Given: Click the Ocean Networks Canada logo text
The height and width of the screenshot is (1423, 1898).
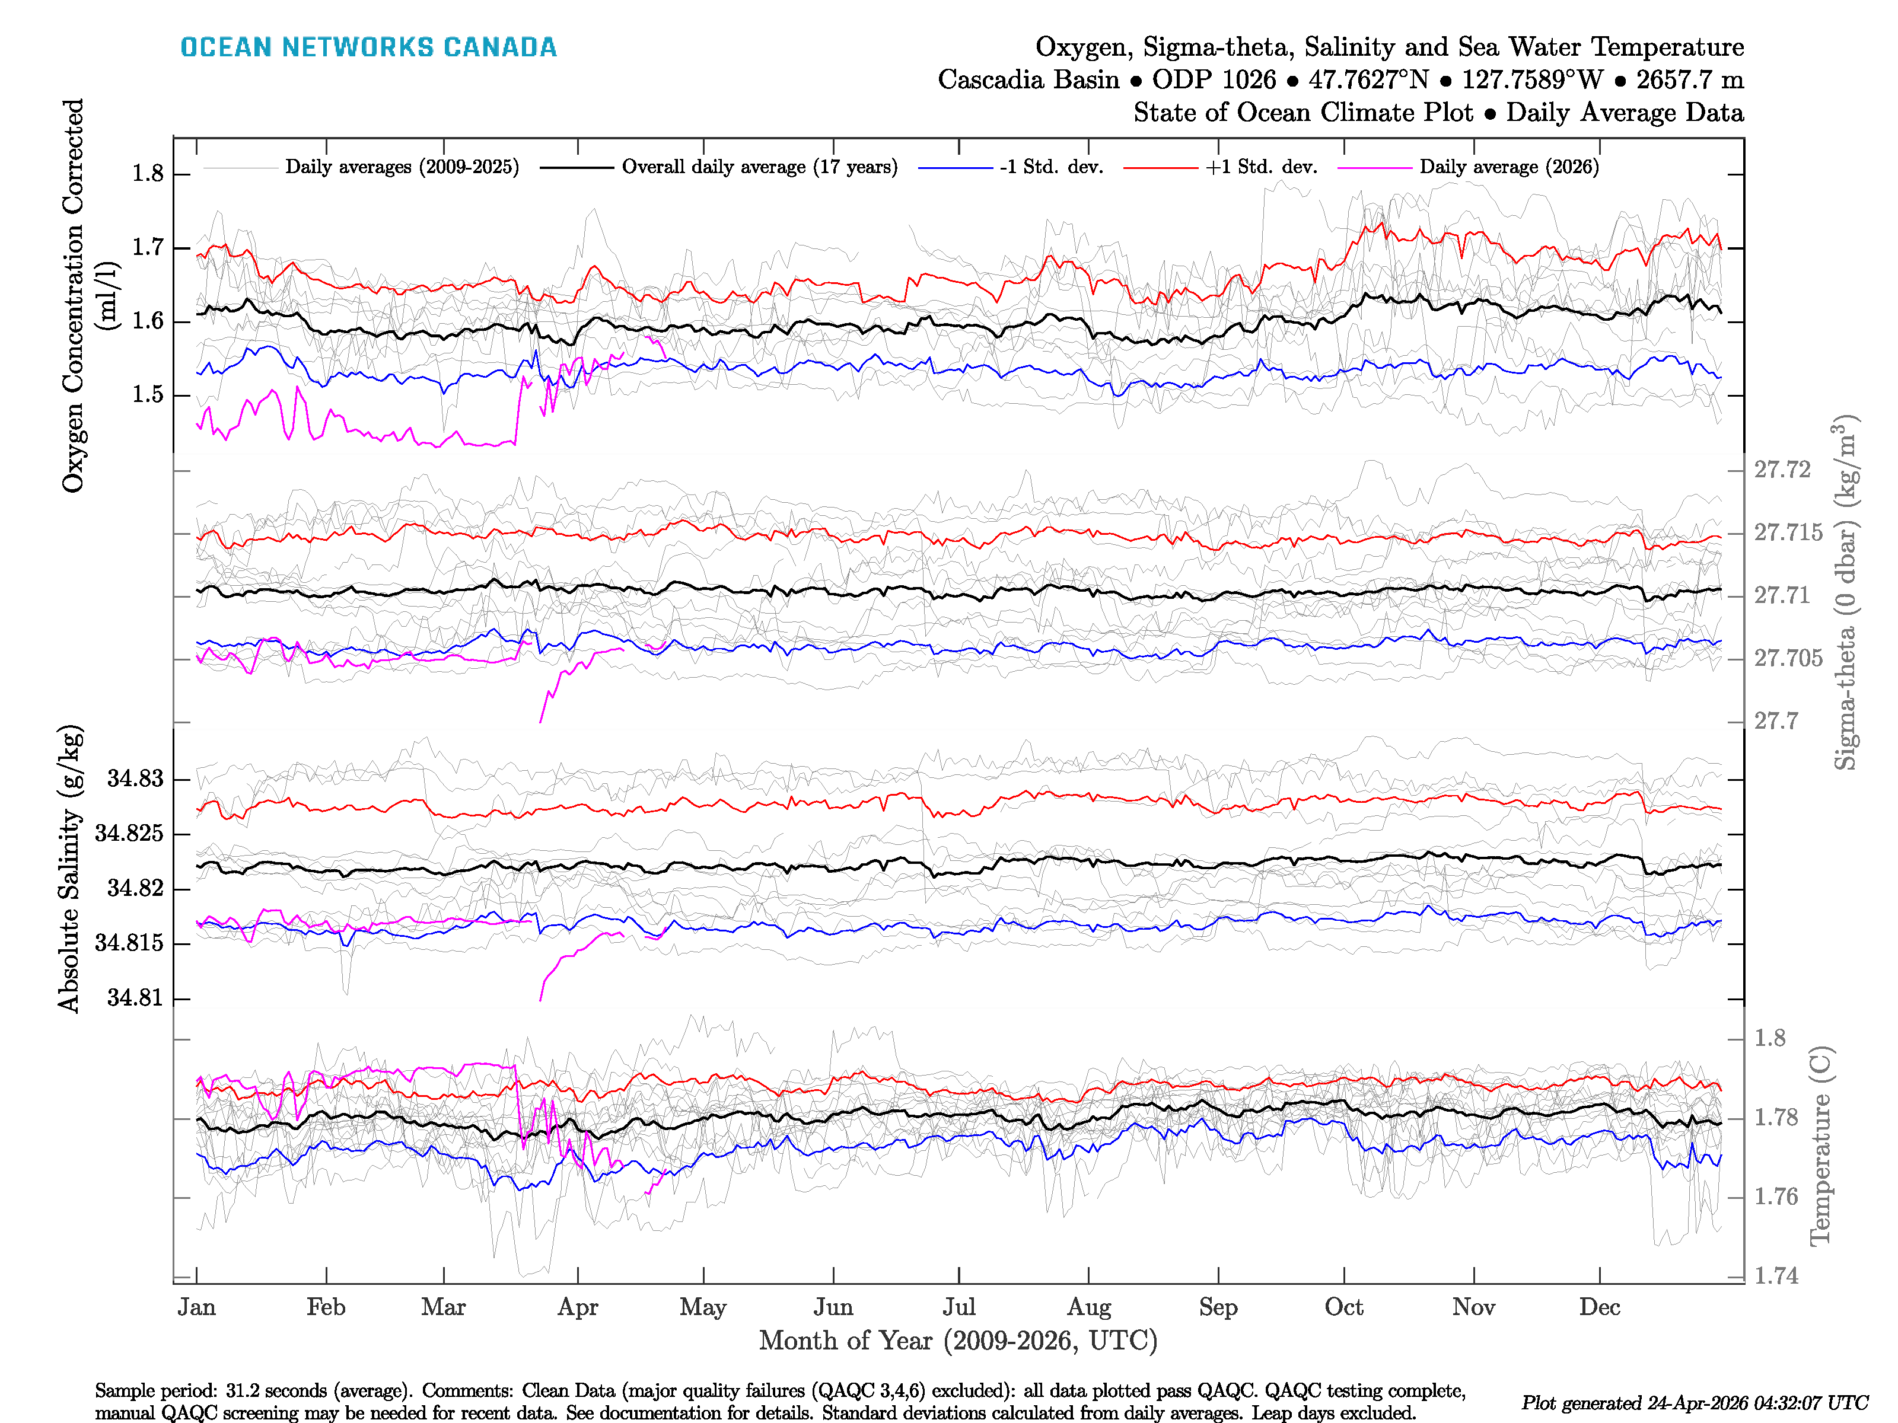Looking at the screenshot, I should coord(368,47).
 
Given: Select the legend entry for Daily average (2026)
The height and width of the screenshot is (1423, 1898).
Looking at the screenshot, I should coord(1508,167).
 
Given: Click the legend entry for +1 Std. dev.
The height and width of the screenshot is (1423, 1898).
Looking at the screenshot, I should coord(1260,167).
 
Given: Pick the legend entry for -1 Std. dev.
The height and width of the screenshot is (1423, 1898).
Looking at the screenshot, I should coord(1051,167).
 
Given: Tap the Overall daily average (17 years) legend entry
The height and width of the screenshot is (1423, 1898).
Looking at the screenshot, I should coord(759,167).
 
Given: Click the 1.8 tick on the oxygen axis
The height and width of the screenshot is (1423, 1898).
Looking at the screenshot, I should coord(148,174).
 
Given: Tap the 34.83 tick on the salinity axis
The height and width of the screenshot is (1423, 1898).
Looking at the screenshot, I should coord(135,779).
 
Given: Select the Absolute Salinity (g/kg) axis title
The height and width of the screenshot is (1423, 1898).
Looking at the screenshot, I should coord(71,868).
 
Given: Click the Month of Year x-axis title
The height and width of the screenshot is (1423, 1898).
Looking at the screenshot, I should coord(957,1341).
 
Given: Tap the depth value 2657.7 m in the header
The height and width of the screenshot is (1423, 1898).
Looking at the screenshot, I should coord(1689,80).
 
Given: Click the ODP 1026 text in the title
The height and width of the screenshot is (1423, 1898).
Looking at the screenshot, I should coord(1214,80).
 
